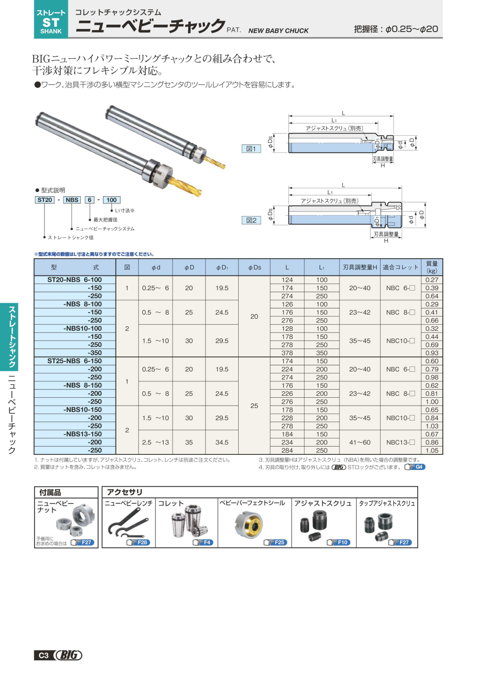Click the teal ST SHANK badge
tap(51, 19)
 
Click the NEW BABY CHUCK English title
tap(279, 31)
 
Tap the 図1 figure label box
tap(251, 149)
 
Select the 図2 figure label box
tap(251, 220)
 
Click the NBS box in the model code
tap(72, 200)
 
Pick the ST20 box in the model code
tap(45, 200)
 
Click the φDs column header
tap(254, 267)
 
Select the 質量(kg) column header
tap(432, 267)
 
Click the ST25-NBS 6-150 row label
tap(75, 361)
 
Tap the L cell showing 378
tap(287, 353)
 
